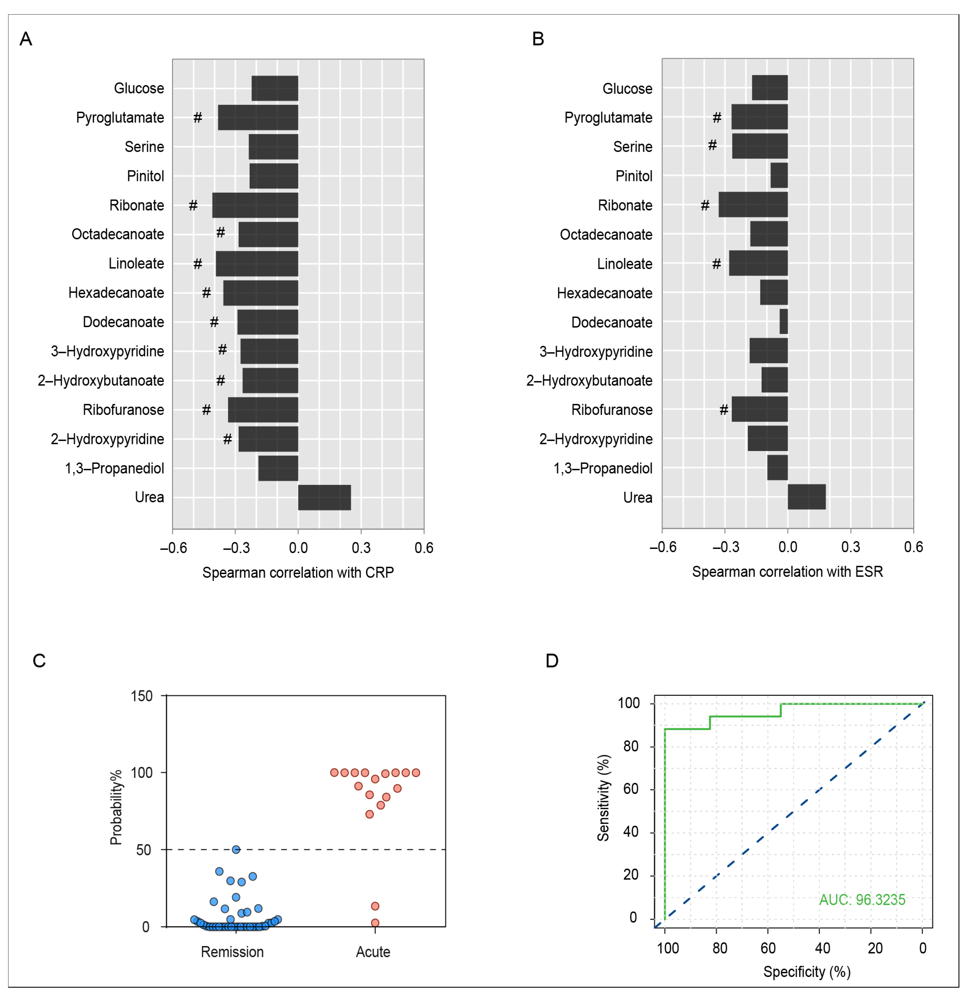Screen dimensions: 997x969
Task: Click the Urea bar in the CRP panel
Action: point(324,497)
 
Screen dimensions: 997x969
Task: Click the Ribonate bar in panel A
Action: point(255,205)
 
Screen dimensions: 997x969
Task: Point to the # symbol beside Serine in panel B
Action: point(713,145)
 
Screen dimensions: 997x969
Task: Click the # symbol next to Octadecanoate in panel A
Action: point(220,232)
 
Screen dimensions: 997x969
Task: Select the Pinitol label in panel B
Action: point(634,176)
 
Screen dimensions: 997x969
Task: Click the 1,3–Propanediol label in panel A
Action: point(114,468)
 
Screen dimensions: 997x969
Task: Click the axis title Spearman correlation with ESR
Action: point(787,572)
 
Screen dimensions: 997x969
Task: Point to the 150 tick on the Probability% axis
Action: point(142,696)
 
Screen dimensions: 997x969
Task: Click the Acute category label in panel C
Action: point(373,952)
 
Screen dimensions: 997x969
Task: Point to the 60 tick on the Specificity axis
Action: point(768,948)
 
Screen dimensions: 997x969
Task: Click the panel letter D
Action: point(552,660)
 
